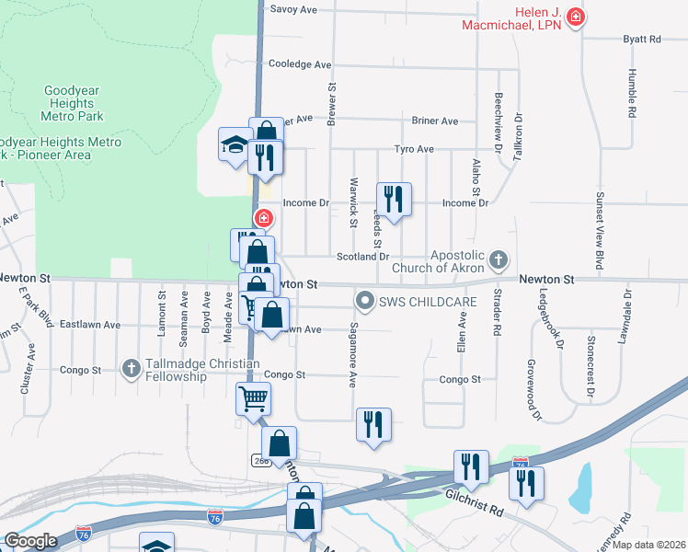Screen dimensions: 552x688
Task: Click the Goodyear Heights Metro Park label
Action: point(73,103)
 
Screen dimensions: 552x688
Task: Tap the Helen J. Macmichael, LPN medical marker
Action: point(576,17)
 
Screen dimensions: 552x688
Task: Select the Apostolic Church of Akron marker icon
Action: point(498,259)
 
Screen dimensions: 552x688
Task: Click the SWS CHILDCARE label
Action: point(417,301)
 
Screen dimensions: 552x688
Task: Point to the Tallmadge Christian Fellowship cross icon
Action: point(131,369)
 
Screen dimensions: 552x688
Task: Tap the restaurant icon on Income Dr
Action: point(394,200)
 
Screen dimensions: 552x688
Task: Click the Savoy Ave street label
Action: point(292,9)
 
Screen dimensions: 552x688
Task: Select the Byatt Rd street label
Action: point(642,40)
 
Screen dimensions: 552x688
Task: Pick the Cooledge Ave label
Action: point(299,64)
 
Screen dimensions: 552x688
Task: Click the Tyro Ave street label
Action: point(414,149)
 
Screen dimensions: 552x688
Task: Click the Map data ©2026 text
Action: point(649,544)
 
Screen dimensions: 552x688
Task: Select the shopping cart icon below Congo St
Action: point(254,398)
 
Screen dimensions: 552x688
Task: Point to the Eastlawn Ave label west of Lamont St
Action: point(90,325)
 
